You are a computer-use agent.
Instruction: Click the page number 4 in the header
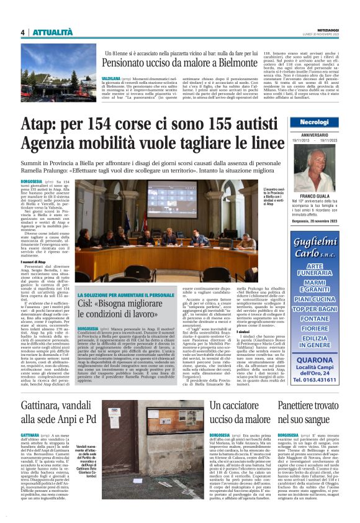[22, 32]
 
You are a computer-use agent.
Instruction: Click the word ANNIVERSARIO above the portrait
[318, 136]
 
